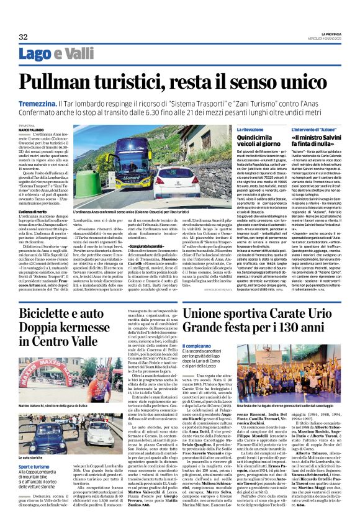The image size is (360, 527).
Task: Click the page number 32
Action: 24,37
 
